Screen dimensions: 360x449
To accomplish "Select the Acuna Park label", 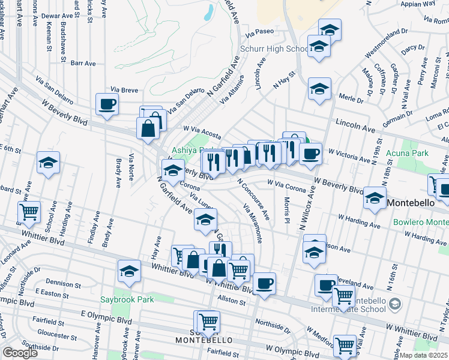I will (408, 153).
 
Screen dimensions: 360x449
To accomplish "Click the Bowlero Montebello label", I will (421, 223).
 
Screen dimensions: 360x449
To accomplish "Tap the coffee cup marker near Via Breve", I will (107, 104).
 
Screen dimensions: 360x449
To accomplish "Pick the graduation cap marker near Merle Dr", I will (320, 89).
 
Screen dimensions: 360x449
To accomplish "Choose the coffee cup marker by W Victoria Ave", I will (310, 154).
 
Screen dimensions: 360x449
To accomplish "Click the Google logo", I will (20, 353).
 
